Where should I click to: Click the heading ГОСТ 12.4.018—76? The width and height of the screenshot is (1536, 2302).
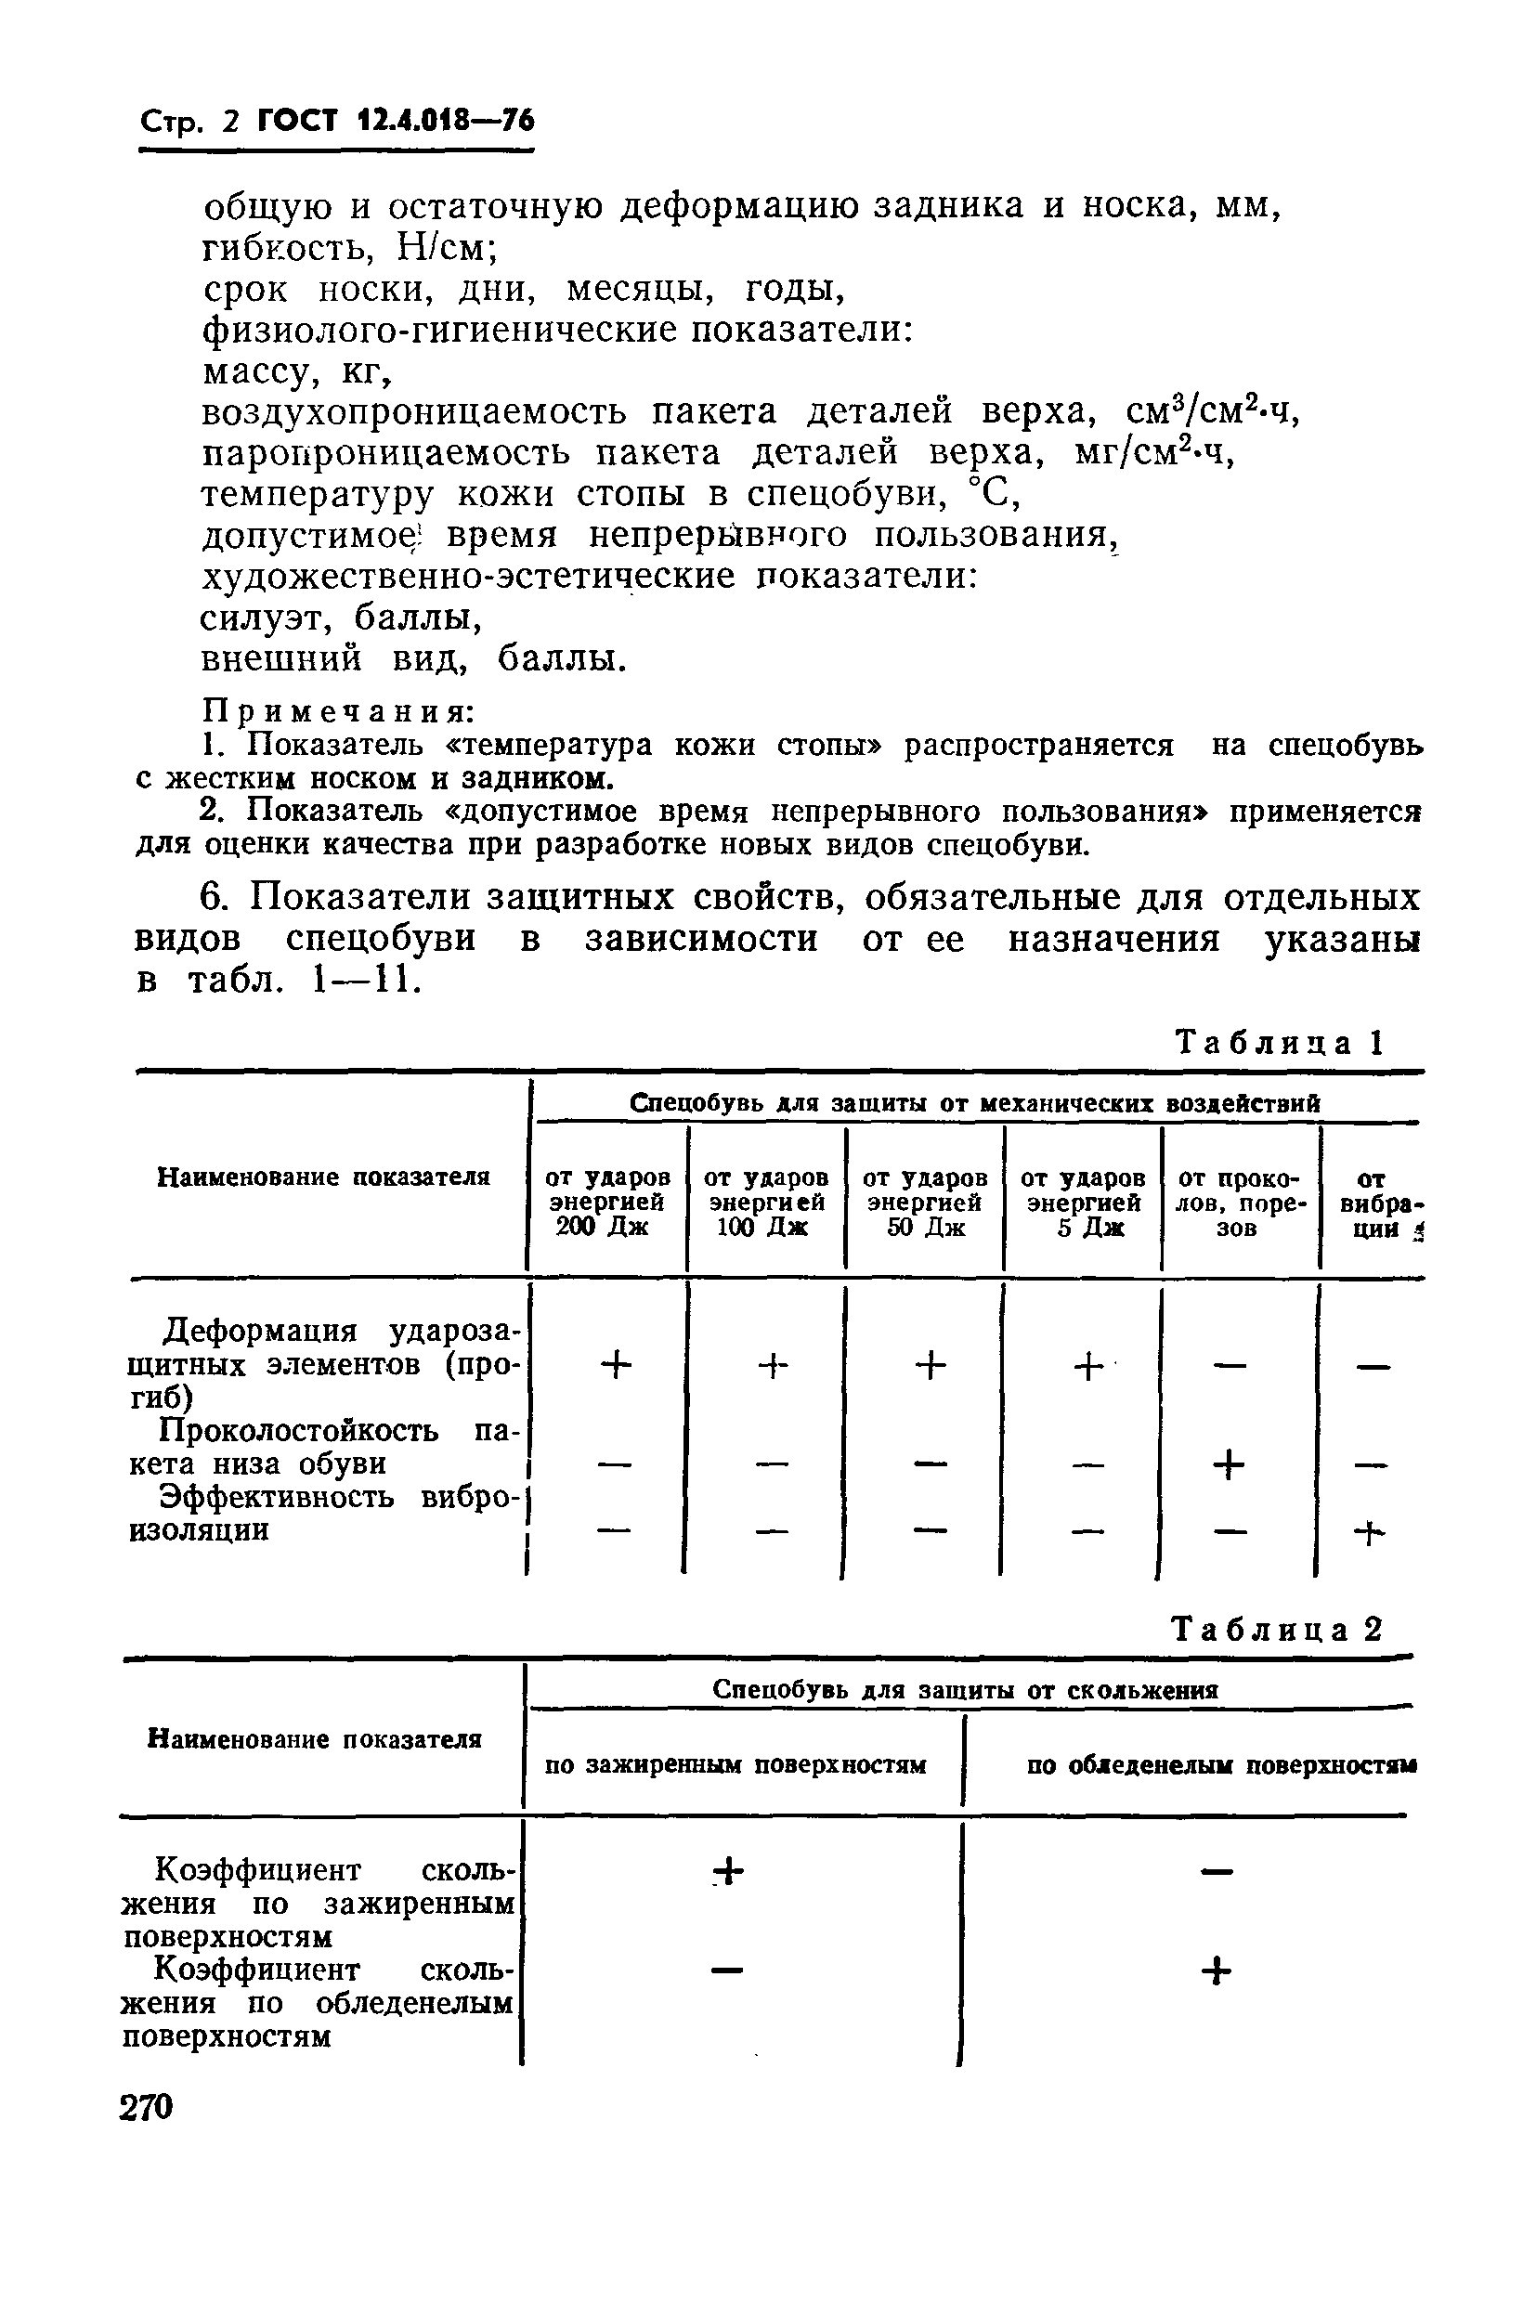[395, 122]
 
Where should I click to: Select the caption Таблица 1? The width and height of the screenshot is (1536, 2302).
[1278, 1042]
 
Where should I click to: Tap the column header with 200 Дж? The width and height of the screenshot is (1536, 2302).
[607, 1202]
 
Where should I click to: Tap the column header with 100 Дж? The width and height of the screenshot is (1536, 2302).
[766, 1202]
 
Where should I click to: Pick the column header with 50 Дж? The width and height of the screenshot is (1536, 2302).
[925, 1202]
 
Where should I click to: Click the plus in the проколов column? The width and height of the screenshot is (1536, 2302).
[1229, 1465]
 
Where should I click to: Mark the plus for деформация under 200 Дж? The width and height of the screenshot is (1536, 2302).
[616, 1364]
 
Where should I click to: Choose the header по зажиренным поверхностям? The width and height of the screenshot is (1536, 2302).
[735, 1765]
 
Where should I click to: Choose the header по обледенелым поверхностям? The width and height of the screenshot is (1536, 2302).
[1220, 1765]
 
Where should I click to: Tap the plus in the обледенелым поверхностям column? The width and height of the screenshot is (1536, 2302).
[1215, 1970]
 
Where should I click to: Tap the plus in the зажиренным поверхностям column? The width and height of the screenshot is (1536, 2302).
[729, 1872]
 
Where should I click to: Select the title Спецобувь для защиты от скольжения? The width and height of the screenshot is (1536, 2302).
[965, 1690]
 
